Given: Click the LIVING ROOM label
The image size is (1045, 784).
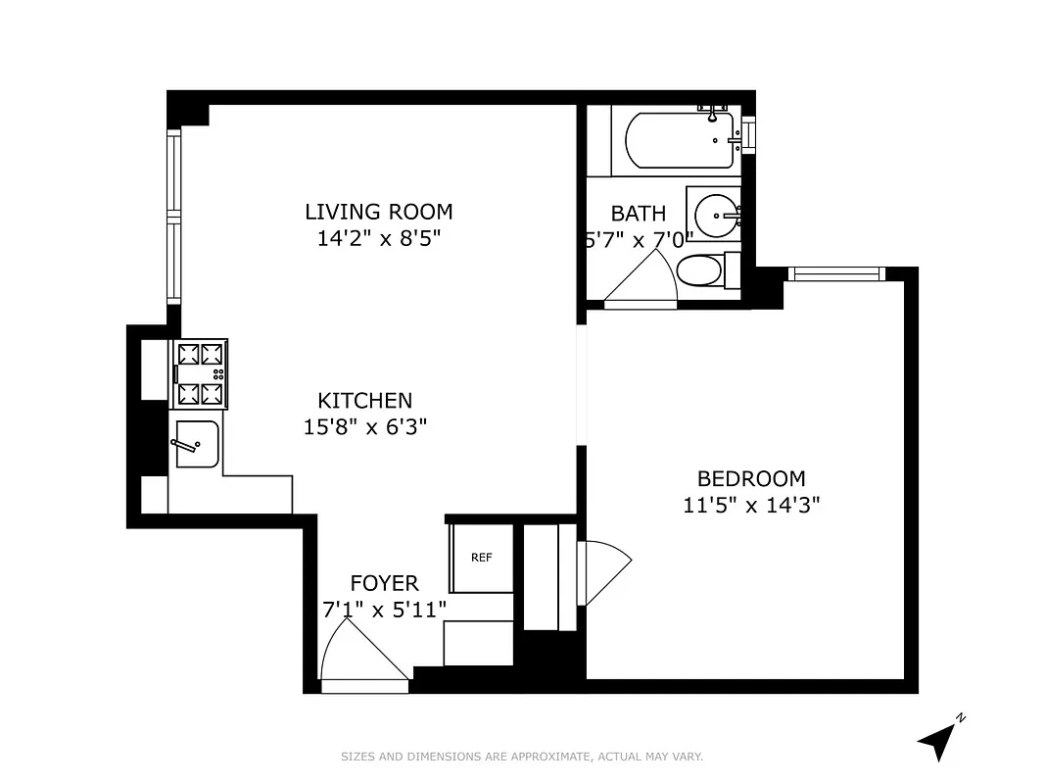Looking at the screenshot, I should (378, 212).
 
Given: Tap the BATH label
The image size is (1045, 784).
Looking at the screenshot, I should (638, 213).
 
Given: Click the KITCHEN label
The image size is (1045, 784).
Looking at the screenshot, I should (364, 400).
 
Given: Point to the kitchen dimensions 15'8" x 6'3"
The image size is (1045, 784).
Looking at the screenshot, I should (364, 426).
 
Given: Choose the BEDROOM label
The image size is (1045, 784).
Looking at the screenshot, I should (750, 478).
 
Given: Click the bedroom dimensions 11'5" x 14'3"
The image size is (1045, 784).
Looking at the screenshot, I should (750, 506).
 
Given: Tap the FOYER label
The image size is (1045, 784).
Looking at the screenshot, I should (384, 583).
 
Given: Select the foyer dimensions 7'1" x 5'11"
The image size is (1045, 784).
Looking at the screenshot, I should (384, 609).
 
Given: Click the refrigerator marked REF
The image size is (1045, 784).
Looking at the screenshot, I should (481, 558).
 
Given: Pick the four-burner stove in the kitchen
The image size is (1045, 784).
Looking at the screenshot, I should (200, 373).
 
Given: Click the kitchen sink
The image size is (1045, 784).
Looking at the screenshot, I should (195, 444).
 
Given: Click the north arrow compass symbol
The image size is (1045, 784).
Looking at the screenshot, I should (937, 739).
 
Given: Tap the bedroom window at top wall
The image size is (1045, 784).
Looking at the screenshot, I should (834, 274).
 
